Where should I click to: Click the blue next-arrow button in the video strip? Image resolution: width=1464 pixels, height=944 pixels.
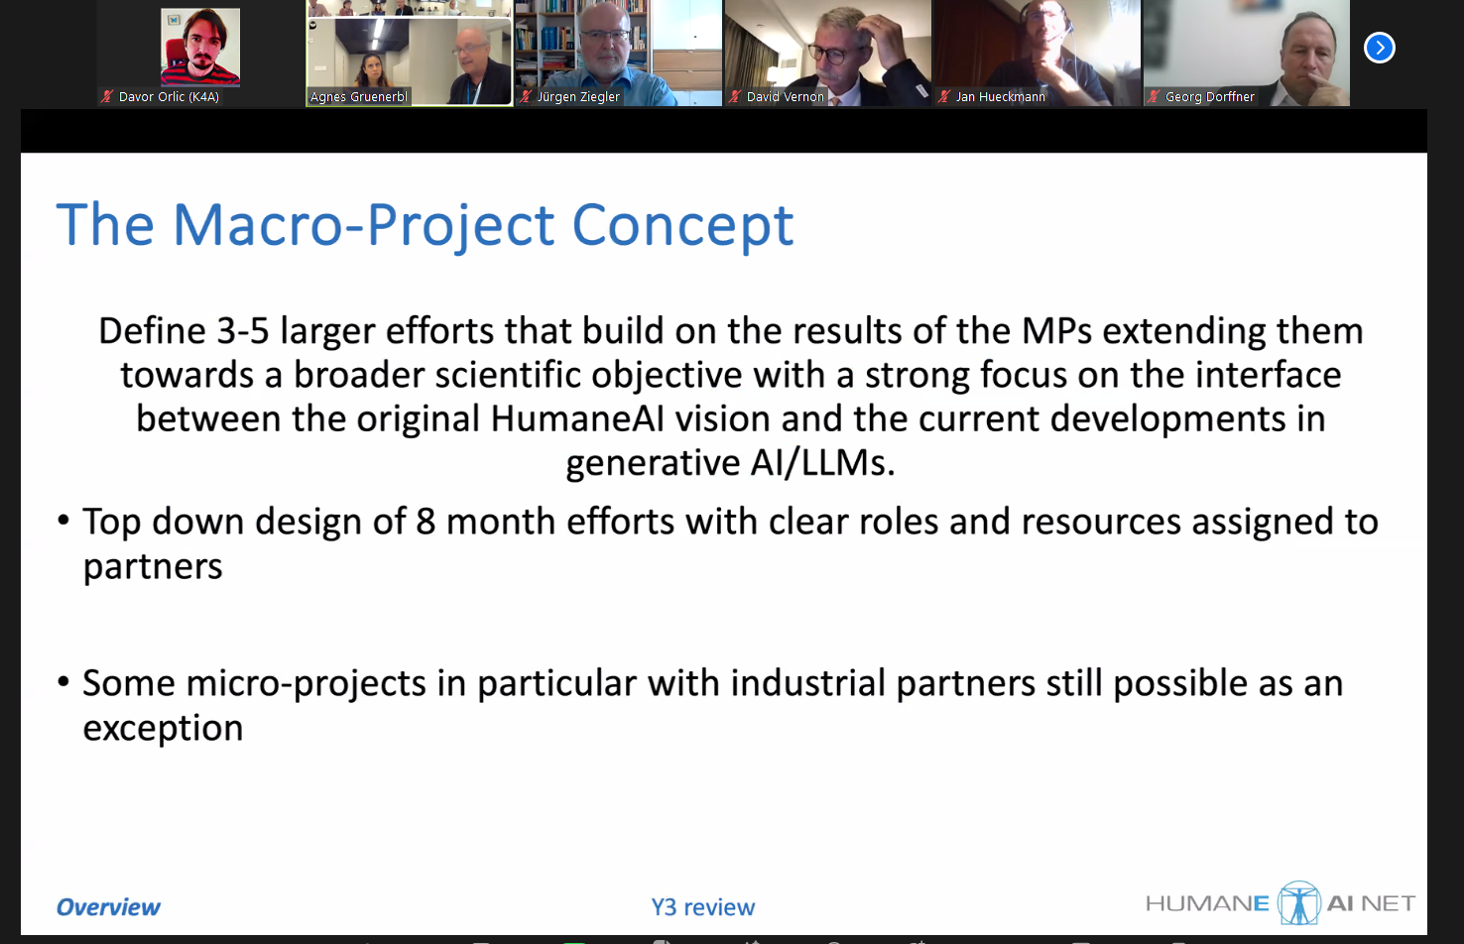pos(1379,48)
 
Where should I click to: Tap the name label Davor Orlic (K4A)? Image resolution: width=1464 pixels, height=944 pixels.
pos(169,97)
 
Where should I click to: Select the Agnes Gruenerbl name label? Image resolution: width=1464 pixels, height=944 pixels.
pos(359,97)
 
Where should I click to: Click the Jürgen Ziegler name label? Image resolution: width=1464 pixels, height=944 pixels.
pos(577,97)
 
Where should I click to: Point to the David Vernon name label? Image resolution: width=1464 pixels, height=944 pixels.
pos(785,97)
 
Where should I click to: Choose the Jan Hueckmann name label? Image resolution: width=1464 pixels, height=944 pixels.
pos(1000,97)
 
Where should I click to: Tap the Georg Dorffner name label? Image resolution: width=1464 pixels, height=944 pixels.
pos(1210,97)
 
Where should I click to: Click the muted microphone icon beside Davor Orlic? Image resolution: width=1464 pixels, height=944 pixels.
pos(106,97)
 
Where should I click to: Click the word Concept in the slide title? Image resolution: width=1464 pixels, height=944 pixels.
pos(683,225)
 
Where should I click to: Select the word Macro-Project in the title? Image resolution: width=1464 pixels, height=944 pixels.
pos(364,225)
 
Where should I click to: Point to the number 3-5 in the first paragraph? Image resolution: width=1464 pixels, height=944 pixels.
pos(242,330)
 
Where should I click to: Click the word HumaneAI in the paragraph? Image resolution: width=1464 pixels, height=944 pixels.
pos(577,418)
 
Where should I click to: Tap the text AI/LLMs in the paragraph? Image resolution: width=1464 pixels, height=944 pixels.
pos(822,462)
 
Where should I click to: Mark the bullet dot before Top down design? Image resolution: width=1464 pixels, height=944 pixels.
pos(63,521)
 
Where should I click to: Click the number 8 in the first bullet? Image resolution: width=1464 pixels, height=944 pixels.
pos(426,522)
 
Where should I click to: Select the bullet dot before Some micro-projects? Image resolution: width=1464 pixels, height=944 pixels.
pos(63,682)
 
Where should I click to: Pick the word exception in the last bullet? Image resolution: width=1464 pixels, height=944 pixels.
pos(163,728)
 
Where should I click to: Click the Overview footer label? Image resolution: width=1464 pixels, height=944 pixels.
pos(108,906)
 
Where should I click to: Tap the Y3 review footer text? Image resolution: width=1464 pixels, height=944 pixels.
pos(702,906)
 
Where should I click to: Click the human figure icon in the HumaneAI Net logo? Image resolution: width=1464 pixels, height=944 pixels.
pos(1298,902)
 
